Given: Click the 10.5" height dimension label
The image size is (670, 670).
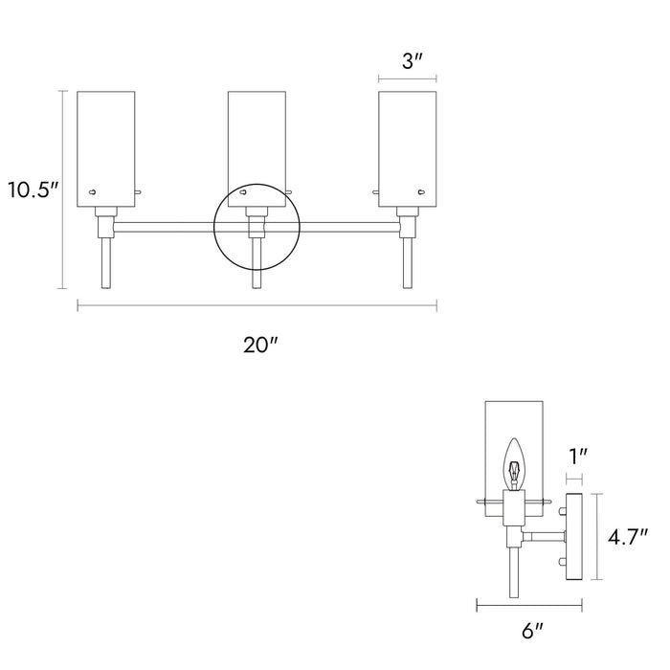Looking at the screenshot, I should point(31,189).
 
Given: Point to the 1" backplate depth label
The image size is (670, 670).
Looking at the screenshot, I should point(577,458).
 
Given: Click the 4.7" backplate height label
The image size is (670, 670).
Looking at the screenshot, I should point(630,538).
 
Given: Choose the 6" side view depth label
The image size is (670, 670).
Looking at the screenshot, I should point(532,633).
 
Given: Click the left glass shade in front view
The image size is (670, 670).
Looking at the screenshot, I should point(106,144).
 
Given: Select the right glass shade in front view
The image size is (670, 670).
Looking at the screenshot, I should point(408,144).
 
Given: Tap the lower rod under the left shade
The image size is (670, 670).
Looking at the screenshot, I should point(106,263).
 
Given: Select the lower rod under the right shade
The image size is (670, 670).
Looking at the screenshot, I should point(408,263).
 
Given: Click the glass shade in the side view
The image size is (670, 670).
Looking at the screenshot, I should point(516,426).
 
